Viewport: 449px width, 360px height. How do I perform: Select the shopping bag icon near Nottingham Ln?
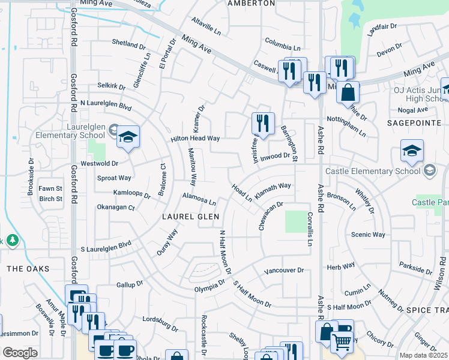tap(348, 93)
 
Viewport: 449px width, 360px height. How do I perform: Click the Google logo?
tap(20, 352)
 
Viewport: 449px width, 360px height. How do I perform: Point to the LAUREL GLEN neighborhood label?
tap(187, 216)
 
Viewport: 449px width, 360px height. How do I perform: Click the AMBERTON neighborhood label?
tap(251, 3)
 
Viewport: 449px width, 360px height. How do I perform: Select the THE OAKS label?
tap(28, 268)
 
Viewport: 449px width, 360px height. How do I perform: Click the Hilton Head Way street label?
tap(195, 138)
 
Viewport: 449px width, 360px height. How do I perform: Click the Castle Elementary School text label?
tap(373, 171)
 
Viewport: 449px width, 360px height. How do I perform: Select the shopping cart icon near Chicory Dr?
tap(341, 341)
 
